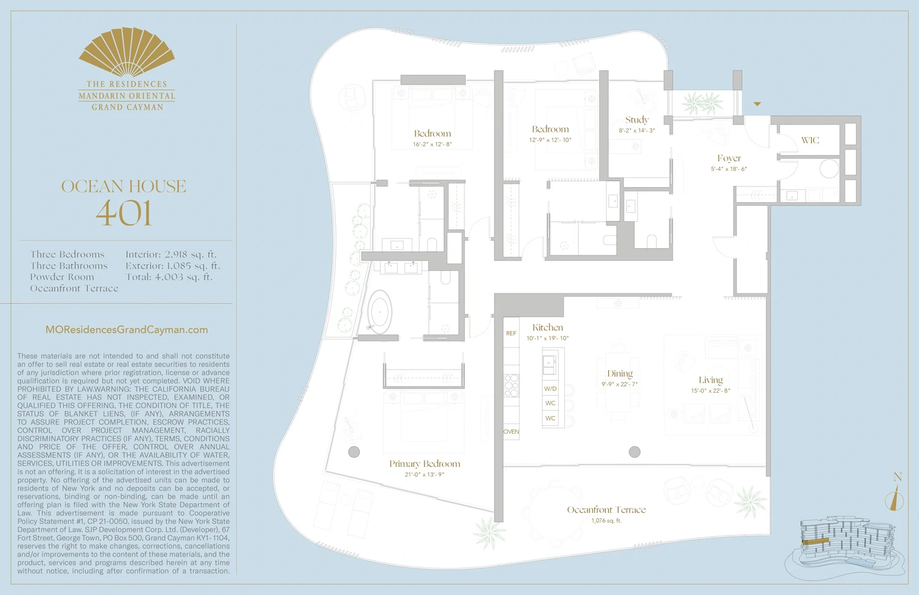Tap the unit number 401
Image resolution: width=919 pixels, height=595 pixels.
124,213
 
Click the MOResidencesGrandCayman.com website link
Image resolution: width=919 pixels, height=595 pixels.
127,330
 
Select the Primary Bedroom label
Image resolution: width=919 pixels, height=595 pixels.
425,464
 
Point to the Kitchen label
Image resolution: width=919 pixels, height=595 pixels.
547,328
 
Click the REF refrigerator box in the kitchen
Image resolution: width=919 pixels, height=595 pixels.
511,333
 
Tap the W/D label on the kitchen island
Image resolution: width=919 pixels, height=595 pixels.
550,388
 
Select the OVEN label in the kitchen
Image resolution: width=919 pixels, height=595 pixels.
511,431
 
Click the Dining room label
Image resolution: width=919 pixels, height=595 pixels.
619,374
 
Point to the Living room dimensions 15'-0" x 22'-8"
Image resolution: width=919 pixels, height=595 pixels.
711,390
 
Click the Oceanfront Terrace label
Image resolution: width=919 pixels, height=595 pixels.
606,510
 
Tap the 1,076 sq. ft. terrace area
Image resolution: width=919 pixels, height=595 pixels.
606,521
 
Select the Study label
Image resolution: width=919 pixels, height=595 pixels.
637,120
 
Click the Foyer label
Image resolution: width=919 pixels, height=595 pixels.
728,158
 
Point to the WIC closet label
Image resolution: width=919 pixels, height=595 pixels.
810,140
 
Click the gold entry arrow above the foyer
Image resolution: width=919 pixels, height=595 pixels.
757,104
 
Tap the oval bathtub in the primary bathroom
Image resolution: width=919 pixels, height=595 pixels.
380,311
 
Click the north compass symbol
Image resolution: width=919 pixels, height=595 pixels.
895,497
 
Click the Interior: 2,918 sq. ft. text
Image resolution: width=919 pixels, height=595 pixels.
171,254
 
